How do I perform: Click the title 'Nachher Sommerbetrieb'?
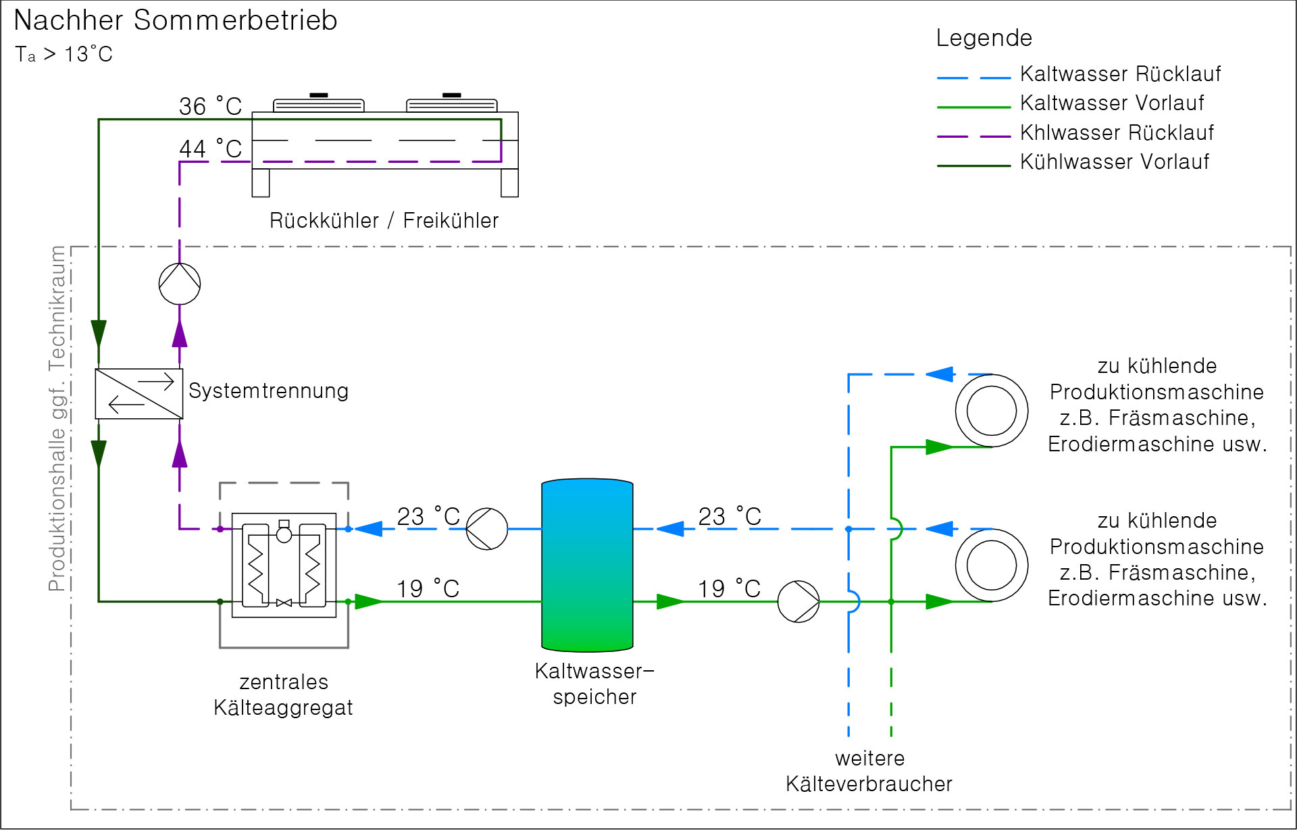coord(175,20)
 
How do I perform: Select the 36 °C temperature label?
coord(210,106)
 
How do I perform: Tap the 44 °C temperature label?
coord(210,149)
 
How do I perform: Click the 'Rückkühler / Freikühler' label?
coord(384,220)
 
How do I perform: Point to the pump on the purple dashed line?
coord(180,283)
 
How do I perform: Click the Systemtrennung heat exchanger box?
coord(138,393)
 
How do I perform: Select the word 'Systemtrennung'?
coord(268,391)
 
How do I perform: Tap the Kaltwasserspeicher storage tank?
coord(587,565)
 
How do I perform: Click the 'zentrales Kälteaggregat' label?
coord(283,695)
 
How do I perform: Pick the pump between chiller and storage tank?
coord(487,529)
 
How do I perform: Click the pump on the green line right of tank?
coord(798,601)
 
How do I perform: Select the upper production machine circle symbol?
coord(991,410)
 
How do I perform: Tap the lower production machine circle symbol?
coord(991,565)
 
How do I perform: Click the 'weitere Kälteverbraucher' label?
coord(869,771)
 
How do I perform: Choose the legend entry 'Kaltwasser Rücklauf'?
coord(1120,74)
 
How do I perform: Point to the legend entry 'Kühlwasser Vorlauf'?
coord(1114,162)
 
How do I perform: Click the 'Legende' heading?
coord(984,38)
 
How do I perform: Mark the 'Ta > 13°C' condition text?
coord(64,54)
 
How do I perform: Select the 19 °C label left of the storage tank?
coord(428,588)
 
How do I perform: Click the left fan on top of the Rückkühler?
coord(318,103)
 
